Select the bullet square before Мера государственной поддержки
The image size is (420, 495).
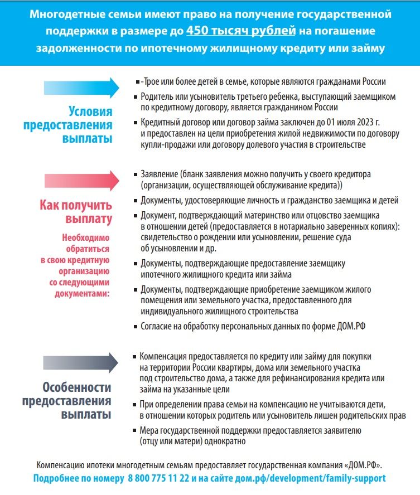[x=135, y=430]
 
